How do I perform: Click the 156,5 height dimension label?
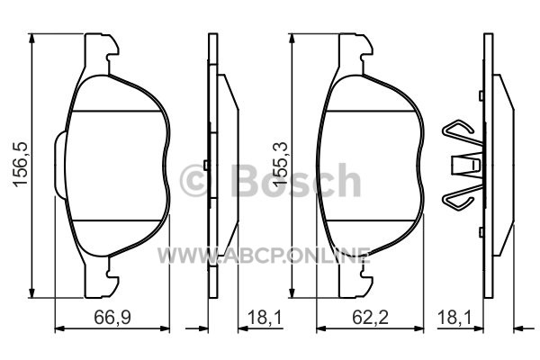coord(21,165)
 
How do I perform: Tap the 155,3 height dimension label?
coord(280,165)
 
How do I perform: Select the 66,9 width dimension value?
coord(112,317)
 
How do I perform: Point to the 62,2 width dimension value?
coord(370,317)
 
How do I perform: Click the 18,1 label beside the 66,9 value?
coord(265,317)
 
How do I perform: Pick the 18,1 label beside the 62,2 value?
coord(454,317)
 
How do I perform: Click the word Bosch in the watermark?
coord(296,181)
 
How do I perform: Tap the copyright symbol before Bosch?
coord(196,181)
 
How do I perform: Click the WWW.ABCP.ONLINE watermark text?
coord(264,256)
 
